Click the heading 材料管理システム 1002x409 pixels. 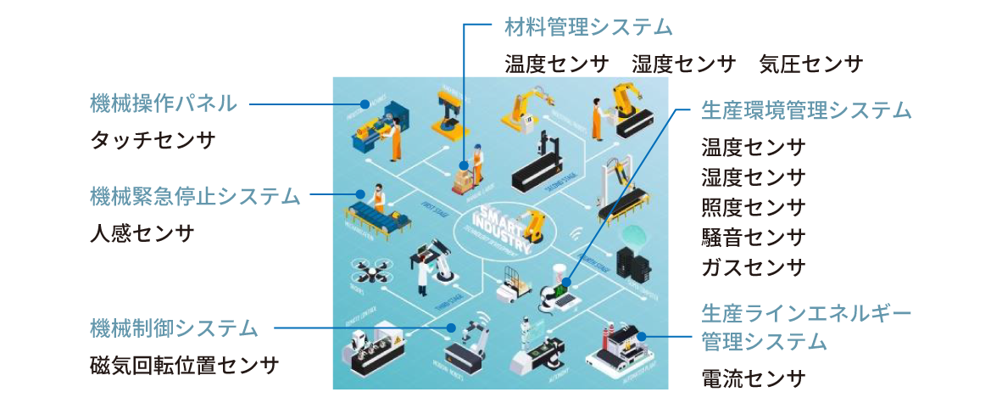(x=588, y=27)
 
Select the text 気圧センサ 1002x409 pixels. (x=811, y=64)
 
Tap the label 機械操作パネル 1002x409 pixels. (x=164, y=104)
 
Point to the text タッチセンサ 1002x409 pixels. (x=153, y=140)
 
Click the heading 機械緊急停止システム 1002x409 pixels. (x=195, y=196)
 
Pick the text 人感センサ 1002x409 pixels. (x=142, y=233)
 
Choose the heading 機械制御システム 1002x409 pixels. (x=174, y=327)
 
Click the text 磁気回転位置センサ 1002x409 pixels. (x=184, y=365)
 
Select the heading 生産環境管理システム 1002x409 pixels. (x=806, y=110)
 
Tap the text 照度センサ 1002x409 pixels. (x=753, y=207)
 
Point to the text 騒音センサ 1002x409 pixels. (x=753, y=237)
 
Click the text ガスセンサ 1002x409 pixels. (x=753, y=267)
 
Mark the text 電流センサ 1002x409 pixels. (x=753, y=378)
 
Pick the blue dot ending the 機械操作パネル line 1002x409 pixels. (x=365, y=104)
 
